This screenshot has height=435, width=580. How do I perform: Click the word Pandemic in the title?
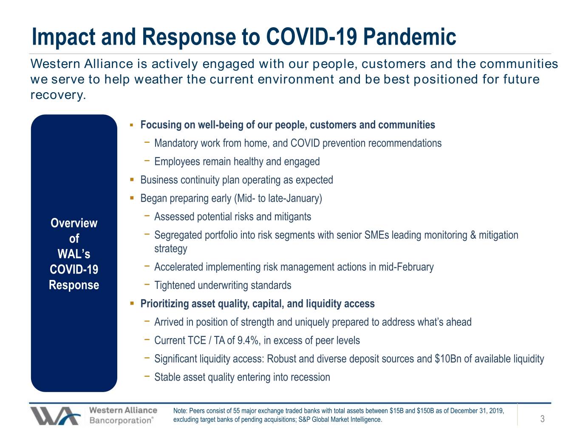point(410,37)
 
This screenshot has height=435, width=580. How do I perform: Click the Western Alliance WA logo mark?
point(55,416)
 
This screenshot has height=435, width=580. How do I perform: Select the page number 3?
point(542,418)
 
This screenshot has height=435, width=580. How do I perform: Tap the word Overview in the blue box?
point(74,223)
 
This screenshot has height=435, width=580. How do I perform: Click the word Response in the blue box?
point(74,285)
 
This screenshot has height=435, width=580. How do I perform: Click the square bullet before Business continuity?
point(132,180)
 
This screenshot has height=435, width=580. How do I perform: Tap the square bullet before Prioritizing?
point(132,303)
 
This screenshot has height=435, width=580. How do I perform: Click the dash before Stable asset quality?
point(147,376)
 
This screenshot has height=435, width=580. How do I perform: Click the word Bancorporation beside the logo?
point(121,420)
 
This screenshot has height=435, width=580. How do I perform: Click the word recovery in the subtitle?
point(58,95)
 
